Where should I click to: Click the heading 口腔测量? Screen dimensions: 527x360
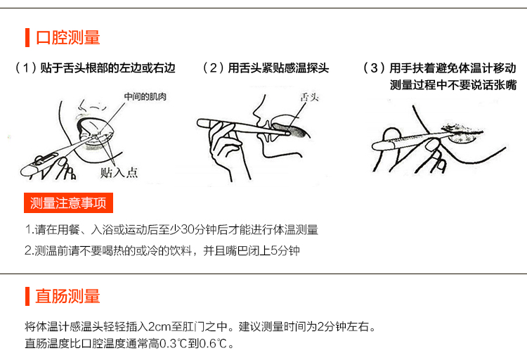[68, 37]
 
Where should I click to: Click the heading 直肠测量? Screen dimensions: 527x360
[68, 297]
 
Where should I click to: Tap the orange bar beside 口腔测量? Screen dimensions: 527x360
[27, 37]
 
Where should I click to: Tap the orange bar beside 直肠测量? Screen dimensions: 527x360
[27, 297]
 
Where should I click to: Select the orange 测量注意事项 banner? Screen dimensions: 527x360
[68, 203]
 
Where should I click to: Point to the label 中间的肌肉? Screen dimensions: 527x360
[145, 97]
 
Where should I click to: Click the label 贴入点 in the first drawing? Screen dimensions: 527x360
[119, 172]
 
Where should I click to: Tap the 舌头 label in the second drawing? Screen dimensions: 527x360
[309, 98]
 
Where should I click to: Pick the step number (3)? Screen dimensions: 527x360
[374, 68]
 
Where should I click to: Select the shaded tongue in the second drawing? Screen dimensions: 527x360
[289, 130]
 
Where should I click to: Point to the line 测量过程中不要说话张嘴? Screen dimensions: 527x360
[453, 85]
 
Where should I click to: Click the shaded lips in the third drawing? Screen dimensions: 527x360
[462, 133]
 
